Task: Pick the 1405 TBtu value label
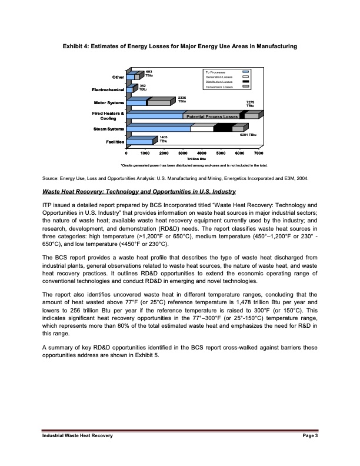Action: point(163,139)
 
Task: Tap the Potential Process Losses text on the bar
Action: point(212,117)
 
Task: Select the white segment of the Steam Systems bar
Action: point(202,128)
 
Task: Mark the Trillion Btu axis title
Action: point(196,159)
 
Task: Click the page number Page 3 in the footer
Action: point(308,435)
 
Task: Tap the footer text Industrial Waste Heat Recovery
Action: point(76,435)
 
